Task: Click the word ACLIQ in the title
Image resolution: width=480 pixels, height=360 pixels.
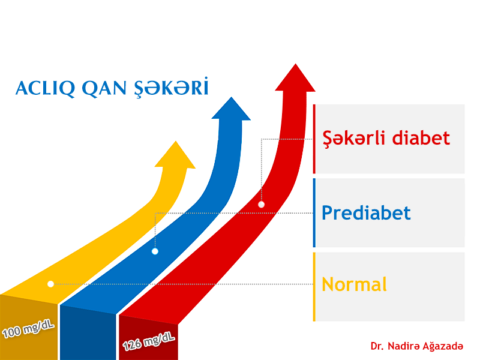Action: point(46,88)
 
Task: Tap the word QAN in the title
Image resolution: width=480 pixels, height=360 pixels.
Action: point(104,88)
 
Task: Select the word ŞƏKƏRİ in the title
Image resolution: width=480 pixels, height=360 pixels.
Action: point(172,88)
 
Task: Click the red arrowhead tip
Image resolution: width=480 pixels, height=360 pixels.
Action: point(295,64)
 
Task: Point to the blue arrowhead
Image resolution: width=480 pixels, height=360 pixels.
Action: point(231,109)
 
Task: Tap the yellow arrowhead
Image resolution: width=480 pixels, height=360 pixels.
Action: point(175,155)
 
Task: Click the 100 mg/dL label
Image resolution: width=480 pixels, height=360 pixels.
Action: point(28,328)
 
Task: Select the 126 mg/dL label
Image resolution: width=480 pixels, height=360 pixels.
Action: point(149,341)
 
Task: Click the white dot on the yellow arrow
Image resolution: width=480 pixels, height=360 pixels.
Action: point(51,284)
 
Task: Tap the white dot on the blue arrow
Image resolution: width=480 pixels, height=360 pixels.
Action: point(155,251)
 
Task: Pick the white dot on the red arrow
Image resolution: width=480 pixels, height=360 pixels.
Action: point(261,205)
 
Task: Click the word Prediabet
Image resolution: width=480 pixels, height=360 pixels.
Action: point(366,213)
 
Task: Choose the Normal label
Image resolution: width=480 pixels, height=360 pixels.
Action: point(355,284)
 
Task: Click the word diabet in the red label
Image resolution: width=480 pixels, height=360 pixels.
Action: point(421,138)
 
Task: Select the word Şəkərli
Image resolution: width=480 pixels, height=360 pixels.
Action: point(353,139)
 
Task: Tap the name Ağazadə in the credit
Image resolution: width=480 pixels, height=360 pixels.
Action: point(443,346)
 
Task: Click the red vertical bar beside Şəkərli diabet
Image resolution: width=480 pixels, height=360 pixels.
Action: point(314,139)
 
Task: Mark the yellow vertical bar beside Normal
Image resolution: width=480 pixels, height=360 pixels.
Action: point(314,287)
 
